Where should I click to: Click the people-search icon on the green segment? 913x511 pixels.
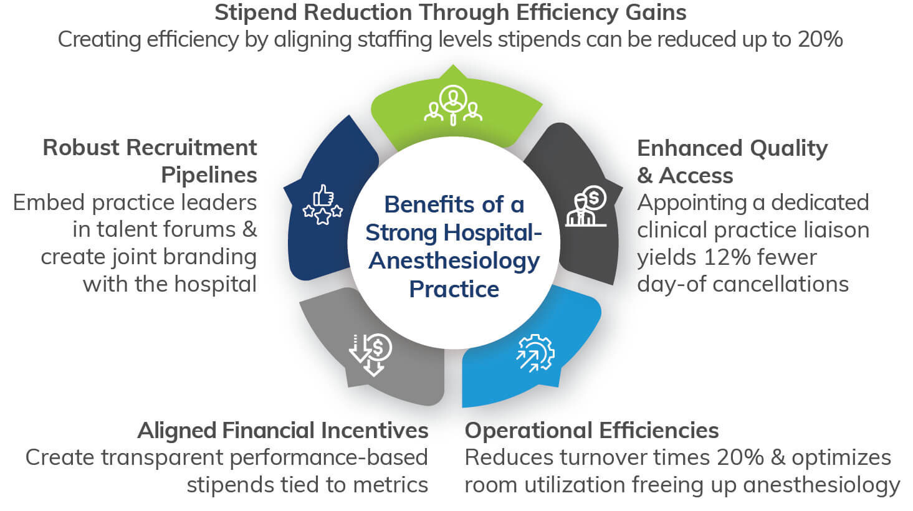pos(453,105)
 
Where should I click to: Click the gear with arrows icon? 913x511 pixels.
pos(535,353)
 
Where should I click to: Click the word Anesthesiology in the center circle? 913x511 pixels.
pos(454,260)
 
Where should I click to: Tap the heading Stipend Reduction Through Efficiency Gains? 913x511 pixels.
pos(450,12)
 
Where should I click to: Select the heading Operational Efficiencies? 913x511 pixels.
pos(591,430)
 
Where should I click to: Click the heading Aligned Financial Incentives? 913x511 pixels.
pos(283,430)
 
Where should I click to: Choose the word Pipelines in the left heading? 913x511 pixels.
pos(209,175)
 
